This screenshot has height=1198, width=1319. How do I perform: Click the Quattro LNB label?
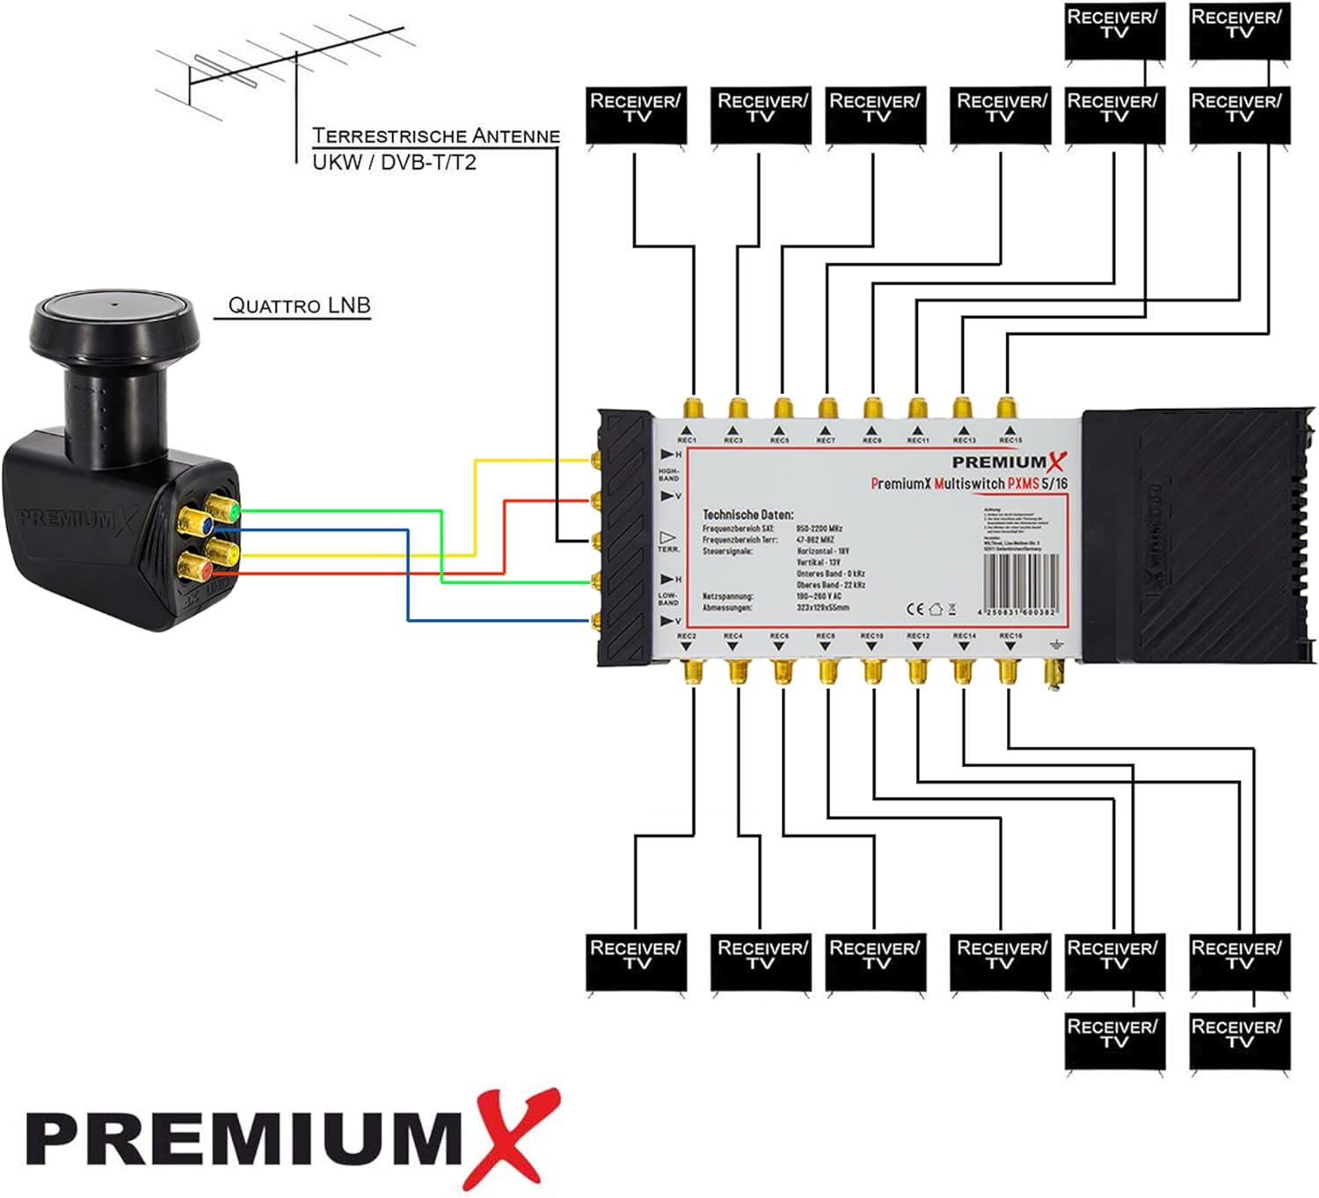299,305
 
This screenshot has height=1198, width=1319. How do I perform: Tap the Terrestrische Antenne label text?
436,135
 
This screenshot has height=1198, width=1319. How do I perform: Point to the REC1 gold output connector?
692,408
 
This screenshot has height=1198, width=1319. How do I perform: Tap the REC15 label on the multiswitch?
1010,440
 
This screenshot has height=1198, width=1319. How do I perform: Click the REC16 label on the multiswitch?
1010,635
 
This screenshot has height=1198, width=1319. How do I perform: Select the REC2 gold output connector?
692,673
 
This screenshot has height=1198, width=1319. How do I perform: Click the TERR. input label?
668,549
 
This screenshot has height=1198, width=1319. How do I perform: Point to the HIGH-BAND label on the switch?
668,475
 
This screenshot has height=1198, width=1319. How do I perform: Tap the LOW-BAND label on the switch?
668,599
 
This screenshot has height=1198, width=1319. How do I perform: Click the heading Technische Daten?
747,514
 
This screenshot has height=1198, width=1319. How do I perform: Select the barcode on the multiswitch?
1018,581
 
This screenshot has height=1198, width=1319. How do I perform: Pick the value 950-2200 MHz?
820,529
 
